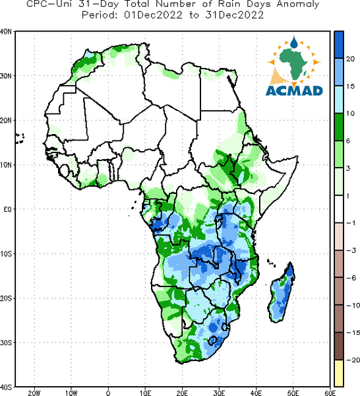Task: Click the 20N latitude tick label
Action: tap(5, 121)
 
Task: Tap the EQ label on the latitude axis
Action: tap(7, 209)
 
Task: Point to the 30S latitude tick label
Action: tap(5, 343)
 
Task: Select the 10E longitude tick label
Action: tap(145, 393)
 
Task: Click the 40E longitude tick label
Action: tap(256, 393)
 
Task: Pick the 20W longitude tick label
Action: tap(34, 393)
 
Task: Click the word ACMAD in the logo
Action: tap(294, 90)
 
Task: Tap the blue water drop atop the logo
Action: tap(294, 42)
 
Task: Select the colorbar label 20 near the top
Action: tap(350, 59)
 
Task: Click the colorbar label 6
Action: tap(348, 141)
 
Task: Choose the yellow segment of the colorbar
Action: tap(339, 373)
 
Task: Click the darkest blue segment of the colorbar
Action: tap(339, 45)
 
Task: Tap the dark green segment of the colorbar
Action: tap(339, 127)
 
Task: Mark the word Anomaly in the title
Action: tap(298, 5)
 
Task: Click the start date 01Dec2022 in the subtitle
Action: tap(153, 15)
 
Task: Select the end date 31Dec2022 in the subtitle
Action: tap(235, 15)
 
